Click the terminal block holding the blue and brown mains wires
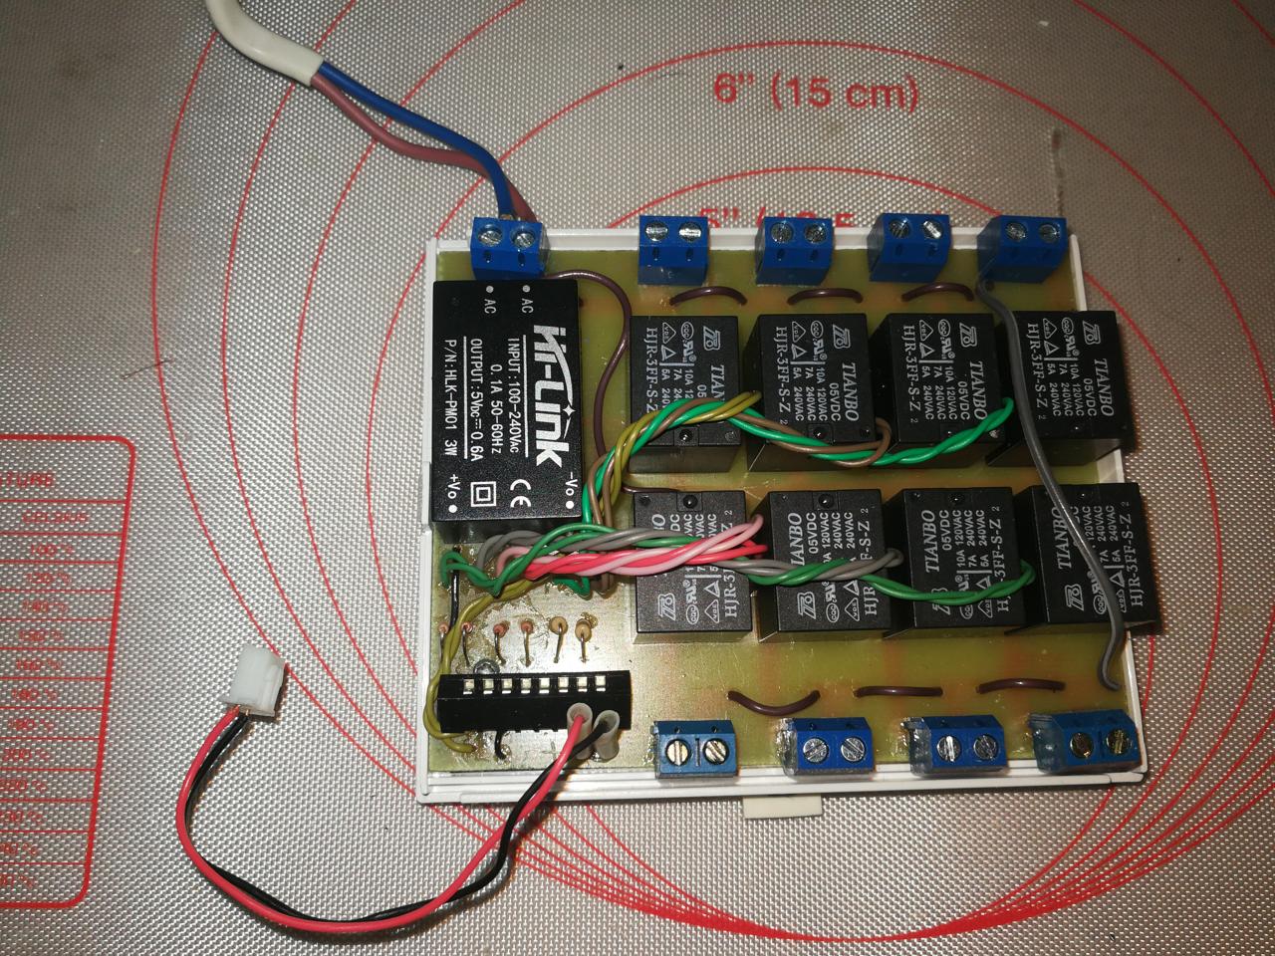point(508,250)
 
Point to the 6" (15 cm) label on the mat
point(816,92)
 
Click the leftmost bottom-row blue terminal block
point(694,750)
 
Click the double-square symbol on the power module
point(487,493)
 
